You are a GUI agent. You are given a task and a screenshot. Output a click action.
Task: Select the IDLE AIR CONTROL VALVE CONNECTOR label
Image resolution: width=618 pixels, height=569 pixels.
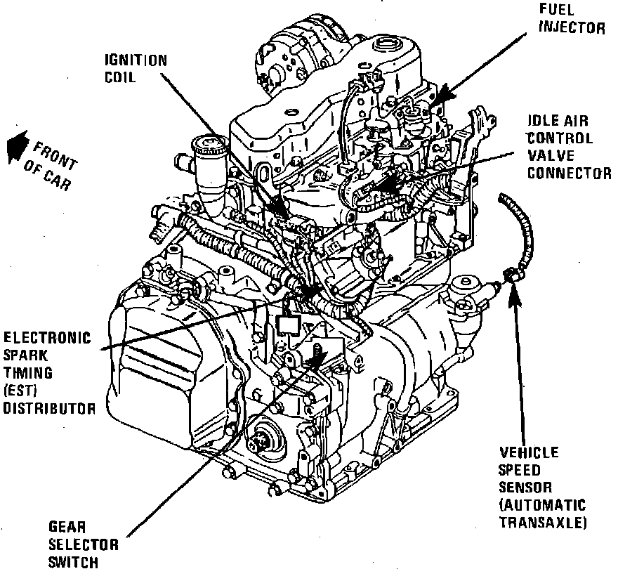[570, 147]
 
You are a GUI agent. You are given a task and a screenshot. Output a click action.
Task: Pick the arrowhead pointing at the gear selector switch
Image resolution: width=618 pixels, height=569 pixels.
[315, 359]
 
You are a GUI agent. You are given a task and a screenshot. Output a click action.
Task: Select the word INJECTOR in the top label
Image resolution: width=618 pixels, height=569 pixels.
[581, 29]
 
